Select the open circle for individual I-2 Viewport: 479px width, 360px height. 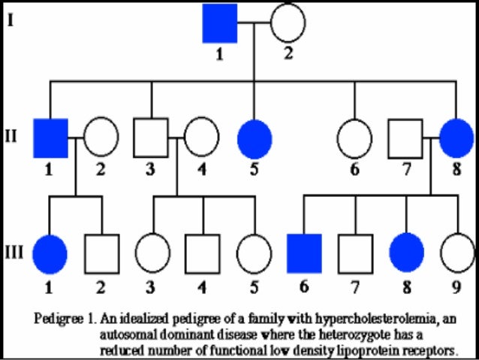point(288,23)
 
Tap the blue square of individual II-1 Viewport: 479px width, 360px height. point(50,138)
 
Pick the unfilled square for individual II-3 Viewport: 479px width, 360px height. point(151,138)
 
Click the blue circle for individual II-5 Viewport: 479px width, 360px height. point(255,138)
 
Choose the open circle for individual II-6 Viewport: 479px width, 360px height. point(354,138)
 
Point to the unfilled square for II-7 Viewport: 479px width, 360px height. point(405,138)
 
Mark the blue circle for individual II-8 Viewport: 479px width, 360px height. point(456,138)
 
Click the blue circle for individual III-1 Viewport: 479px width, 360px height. point(50,253)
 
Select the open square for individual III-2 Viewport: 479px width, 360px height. point(101,253)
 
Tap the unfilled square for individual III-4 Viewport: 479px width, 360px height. point(203,253)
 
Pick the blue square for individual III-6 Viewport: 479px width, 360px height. point(304,253)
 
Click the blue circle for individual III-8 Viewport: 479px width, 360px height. point(405,253)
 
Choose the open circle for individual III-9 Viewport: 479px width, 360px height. point(456,253)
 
